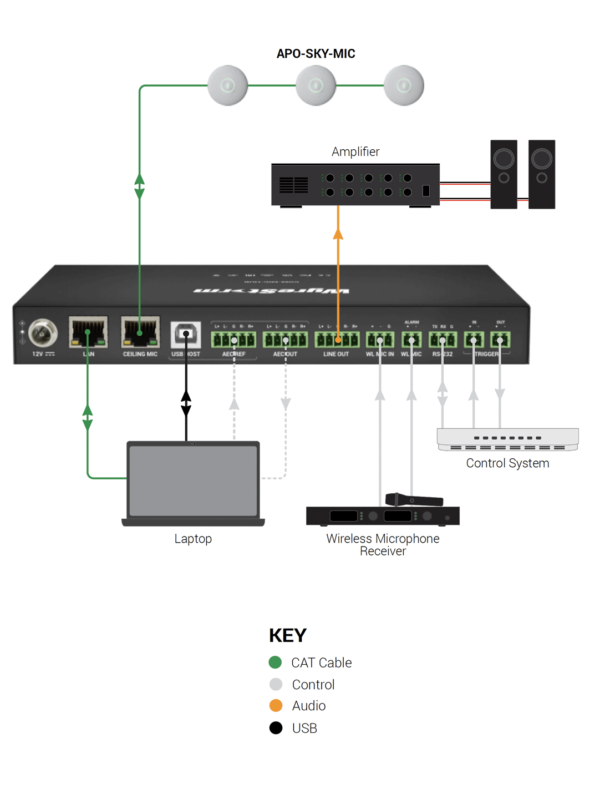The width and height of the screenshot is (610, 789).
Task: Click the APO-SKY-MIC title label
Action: [316, 54]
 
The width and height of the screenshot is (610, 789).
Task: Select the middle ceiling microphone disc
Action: [316, 85]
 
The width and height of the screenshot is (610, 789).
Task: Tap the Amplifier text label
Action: [355, 151]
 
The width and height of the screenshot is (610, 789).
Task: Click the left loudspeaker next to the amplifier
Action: [504, 174]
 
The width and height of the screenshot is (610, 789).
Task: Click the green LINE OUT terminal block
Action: [337, 340]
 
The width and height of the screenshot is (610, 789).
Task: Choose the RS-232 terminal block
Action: [443, 340]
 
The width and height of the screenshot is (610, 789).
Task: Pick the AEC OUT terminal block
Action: [285, 340]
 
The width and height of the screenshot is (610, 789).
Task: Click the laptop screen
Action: [193, 481]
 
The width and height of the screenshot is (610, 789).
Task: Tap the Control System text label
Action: [507, 463]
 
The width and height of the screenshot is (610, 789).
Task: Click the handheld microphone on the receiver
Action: [414, 499]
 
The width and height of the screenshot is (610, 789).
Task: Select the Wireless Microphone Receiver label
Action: [383, 544]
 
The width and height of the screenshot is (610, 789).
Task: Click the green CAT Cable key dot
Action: [275, 662]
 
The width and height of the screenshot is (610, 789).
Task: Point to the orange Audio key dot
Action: [276, 705]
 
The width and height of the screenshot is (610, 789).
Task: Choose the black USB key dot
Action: [276, 727]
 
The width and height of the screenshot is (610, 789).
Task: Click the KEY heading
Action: [287, 635]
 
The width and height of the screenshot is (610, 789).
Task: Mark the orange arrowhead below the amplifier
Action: [338, 234]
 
